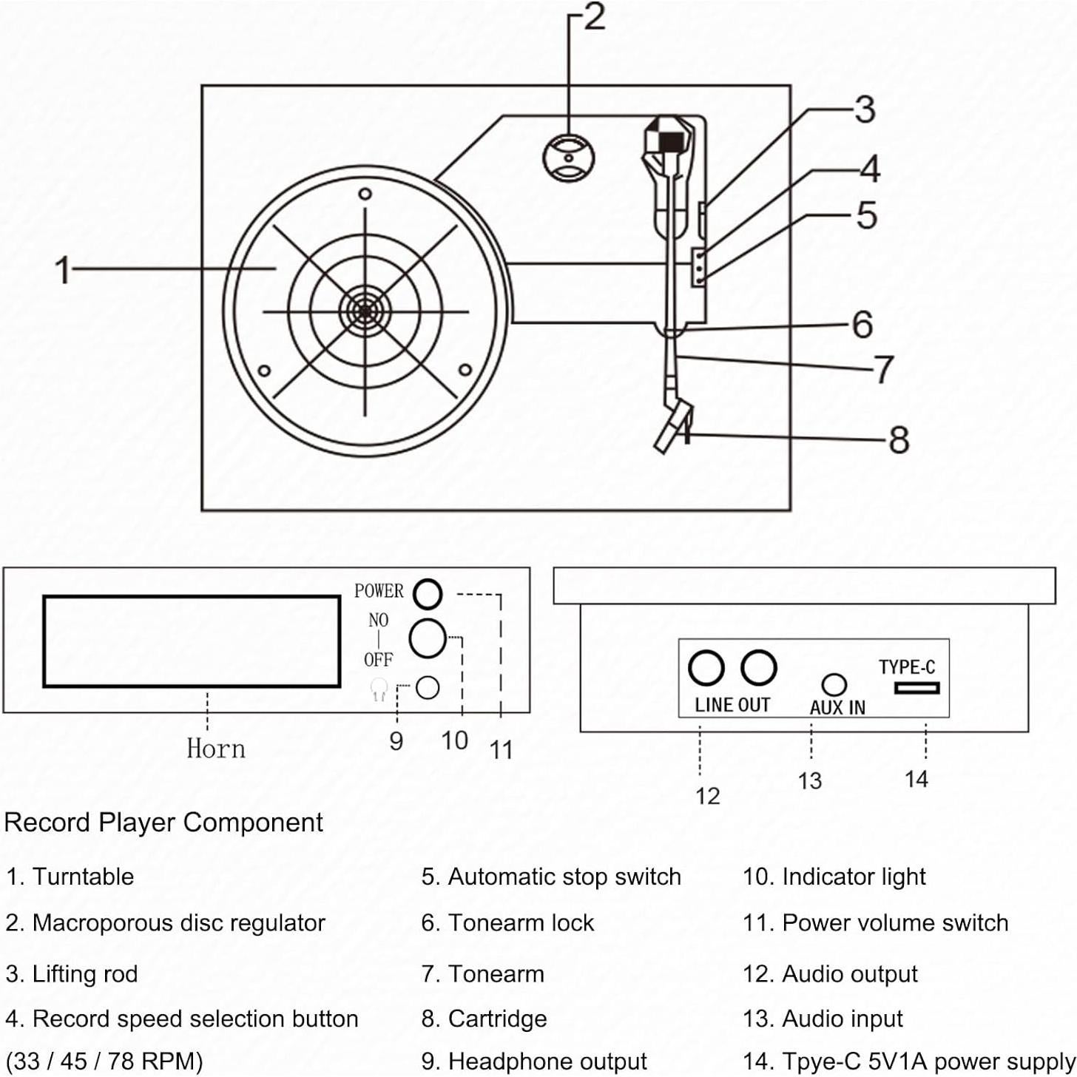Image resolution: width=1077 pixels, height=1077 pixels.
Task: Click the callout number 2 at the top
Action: pyautogui.click(x=594, y=18)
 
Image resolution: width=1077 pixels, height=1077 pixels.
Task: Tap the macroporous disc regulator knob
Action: pyautogui.click(x=568, y=157)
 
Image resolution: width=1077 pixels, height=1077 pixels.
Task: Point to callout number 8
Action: pyautogui.click(x=898, y=439)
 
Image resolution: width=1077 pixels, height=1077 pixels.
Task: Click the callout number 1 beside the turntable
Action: pyautogui.click(x=63, y=270)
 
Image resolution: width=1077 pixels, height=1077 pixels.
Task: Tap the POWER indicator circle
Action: pyautogui.click(x=427, y=593)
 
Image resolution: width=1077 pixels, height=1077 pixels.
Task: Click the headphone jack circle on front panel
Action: pyautogui.click(x=428, y=688)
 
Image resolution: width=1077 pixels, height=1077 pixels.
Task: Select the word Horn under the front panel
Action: pyautogui.click(x=215, y=749)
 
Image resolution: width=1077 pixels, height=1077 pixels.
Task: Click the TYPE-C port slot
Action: pyautogui.click(x=916, y=688)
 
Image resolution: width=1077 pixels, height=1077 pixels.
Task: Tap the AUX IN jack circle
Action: pyautogui.click(x=834, y=683)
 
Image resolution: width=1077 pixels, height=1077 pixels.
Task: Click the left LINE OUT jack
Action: pyautogui.click(x=706, y=668)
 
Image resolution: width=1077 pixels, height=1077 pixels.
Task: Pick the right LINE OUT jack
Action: pyautogui.click(x=759, y=668)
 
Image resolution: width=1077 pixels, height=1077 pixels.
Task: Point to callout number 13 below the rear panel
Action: pyautogui.click(x=810, y=780)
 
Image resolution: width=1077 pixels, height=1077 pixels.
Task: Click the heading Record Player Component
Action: pyautogui.click(x=163, y=823)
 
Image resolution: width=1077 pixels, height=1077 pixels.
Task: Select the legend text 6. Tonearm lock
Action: pyautogui.click(x=507, y=923)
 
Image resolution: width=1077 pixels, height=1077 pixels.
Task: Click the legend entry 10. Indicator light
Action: pyautogui.click(x=834, y=877)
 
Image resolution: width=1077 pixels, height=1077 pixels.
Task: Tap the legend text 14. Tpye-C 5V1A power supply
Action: pyautogui.click(x=908, y=1061)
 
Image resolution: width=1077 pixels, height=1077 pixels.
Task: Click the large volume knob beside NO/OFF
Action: pyautogui.click(x=427, y=638)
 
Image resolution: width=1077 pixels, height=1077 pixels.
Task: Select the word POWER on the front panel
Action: pyautogui.click(x=379, y=591)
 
